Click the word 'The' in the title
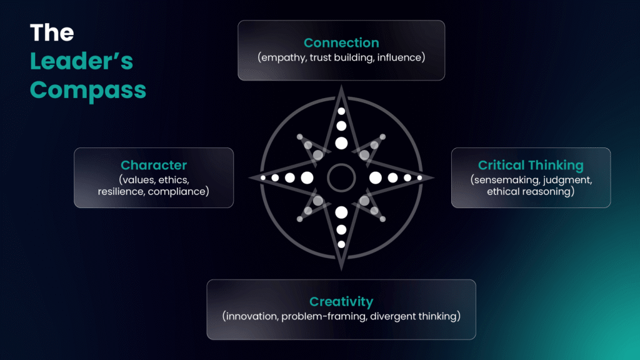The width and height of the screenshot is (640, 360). point(52,32)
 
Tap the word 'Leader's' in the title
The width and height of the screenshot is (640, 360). point(82,61)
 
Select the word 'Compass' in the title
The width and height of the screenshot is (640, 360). point(88,91)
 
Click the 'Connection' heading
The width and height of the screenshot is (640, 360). point(341,42)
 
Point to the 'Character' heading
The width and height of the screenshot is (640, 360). point(154,165)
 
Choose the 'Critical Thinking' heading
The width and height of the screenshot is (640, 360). point(531,165)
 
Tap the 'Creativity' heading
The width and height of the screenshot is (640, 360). point(341,301)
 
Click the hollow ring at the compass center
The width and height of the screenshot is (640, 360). point(341,165)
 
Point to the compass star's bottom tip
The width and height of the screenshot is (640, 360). point(341,270)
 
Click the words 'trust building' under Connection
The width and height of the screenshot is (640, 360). point(342,57)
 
